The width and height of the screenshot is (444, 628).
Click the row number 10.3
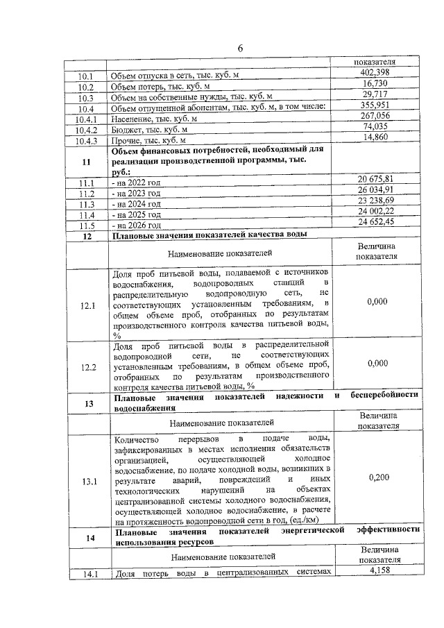pos(87,98)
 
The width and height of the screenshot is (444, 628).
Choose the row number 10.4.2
pos(87,130)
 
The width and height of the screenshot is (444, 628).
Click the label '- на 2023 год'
pos(136,194)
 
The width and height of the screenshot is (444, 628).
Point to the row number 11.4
pos(87,215)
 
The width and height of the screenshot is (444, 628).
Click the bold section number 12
pos(87,237)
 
